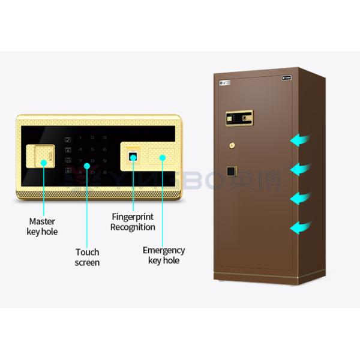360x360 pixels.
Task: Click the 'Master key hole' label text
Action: (x=43, y=226)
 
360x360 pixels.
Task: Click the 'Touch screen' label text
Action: (x=88, y=257)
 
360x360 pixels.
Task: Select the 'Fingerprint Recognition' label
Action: (x=133, y=221)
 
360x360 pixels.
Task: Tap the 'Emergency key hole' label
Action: (x=163, y=255)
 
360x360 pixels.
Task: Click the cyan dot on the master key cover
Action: (x=43, y=162)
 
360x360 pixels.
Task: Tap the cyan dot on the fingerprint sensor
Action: (x=133, y=159)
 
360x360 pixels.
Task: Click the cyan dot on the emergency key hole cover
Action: (x=163, y=158)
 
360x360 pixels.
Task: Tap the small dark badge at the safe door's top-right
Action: (x=286, y=78)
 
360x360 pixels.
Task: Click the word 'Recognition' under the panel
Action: (x=133, y=227)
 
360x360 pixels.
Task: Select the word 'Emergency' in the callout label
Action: (x=164, y=250)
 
